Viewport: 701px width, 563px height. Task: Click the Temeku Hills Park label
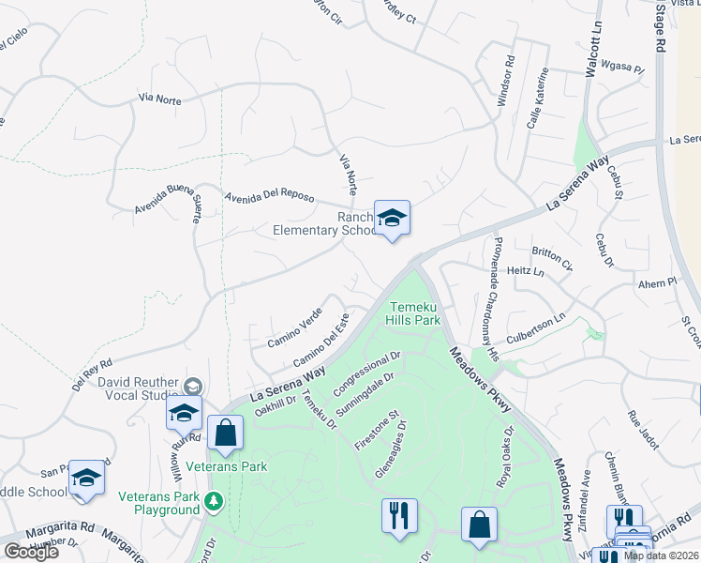tap(413, 312)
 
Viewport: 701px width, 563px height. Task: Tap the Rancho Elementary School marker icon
tap(393, 219)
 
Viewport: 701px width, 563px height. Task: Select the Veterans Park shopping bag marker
tap(225, 434)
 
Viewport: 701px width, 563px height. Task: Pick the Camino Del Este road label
tap(321, 346)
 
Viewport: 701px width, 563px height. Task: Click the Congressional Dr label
tap(367, 373)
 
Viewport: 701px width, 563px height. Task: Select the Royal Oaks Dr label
tap(507, 457)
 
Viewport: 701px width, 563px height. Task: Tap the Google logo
tap(31, 551)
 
